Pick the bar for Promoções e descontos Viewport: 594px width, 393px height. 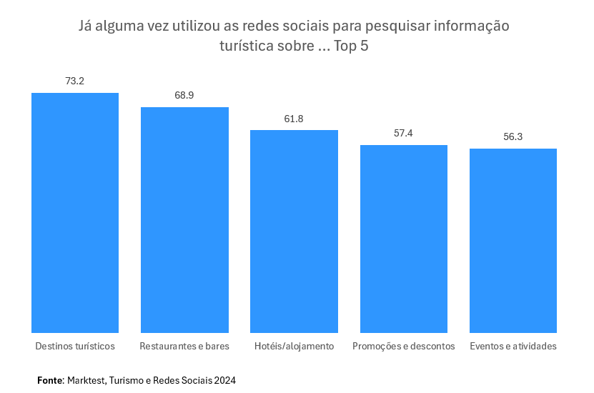403,239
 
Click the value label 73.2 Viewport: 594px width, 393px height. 75,81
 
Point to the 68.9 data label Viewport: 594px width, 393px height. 184,95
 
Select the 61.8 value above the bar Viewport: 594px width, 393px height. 294,119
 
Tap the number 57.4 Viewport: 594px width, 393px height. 403,133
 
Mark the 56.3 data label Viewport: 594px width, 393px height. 513,136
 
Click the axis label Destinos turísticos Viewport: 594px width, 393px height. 75,346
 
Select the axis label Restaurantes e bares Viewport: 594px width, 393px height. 184,346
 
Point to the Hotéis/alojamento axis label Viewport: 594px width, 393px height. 294,346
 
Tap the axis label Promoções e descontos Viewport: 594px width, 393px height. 403,346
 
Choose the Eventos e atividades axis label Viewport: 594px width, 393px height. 513,346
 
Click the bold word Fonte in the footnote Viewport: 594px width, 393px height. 50,381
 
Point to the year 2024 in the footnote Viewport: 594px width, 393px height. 224,381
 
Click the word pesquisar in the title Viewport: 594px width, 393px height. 397,27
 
